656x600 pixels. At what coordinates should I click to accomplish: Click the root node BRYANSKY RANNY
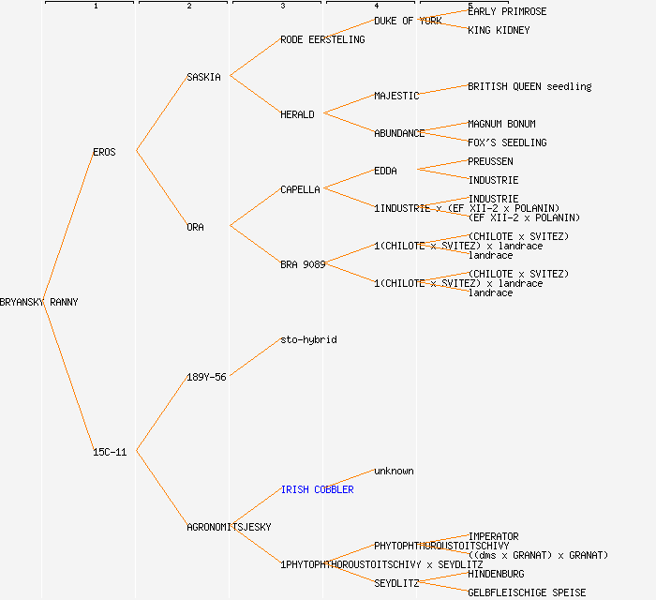(x=39, y=302)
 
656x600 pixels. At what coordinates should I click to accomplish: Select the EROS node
(x=104, y=152)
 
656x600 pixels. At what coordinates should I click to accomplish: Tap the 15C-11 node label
(x=110, y=452)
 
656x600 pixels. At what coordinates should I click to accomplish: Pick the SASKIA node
(x=203, y=77)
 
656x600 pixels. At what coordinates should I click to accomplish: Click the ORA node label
(x=195, y=227)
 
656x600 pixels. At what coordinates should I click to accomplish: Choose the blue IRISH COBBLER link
(x=317, y=489)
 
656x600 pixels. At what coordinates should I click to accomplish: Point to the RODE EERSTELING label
(x=322, y=39)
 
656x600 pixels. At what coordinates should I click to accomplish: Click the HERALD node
(x=297, y=114)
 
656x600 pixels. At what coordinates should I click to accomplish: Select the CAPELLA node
(x=300, y=189)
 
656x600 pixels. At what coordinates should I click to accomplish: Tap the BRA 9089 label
(x=303, y=264)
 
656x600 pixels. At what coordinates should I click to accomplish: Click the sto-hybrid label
(x=308, y=339)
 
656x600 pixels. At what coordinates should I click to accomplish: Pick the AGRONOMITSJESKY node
(x=229, y=527)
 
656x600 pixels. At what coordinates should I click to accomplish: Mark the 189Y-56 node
(x=206, y=377)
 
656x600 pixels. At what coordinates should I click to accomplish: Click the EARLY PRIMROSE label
(x=507, y=11)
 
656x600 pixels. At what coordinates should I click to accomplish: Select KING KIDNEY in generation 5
(x=499, y=30)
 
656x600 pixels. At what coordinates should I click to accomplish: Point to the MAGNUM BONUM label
(x=501, y=124)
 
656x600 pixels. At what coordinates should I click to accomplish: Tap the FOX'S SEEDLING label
(x=507, y=142)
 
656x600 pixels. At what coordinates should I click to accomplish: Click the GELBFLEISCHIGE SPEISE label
(x=527, y=592)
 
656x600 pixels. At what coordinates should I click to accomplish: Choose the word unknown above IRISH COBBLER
(x=394, y=471)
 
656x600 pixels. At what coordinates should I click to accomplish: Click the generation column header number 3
(x=282, y=7)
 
